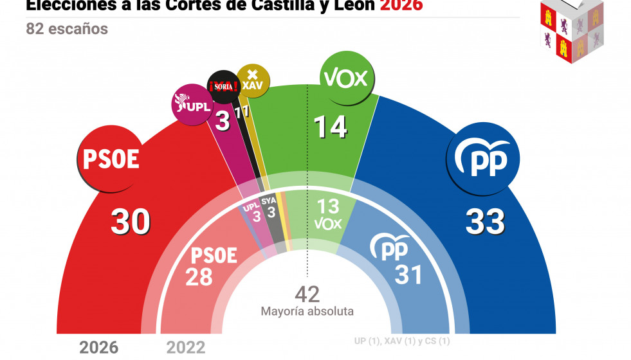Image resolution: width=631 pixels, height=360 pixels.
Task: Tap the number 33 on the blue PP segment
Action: (x=485, y=222)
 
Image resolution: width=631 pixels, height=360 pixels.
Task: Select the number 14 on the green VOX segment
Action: (x=330, y=127)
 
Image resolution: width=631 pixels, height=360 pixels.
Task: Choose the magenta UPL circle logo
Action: (x=192, y=104)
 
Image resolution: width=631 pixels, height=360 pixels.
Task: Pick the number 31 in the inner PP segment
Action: (x=408, y=274)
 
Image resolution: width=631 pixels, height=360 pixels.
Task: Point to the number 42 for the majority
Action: (x=307, y=294)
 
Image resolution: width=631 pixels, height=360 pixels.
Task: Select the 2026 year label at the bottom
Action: (x=98, y=348)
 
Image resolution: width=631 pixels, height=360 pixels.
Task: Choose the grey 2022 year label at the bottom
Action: (x=186, y=348)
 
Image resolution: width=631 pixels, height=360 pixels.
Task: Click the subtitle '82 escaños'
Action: (x=67, y=29)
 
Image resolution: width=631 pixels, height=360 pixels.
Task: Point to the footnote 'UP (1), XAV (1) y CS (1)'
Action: (x=401, y=341)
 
